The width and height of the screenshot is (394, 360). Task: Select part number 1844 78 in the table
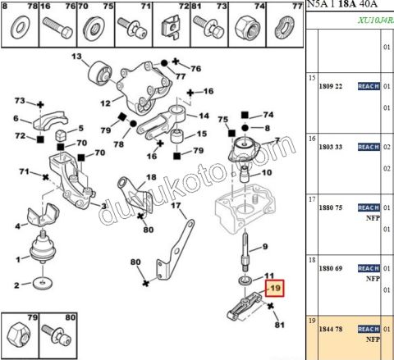(x=331, y=328)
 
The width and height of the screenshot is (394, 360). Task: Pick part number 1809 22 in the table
(x=331, y=86)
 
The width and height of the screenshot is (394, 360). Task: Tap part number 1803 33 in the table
(x=331, y=147)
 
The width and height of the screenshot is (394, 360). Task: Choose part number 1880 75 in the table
(x=331, y=207)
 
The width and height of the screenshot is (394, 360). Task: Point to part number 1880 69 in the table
(x=331, y=268)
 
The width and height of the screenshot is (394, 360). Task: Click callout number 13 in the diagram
(x=77, y=57)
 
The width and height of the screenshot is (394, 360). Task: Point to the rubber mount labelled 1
(x=41, y=248)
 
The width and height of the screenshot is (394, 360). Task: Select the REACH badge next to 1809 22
(x=369, y=86)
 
